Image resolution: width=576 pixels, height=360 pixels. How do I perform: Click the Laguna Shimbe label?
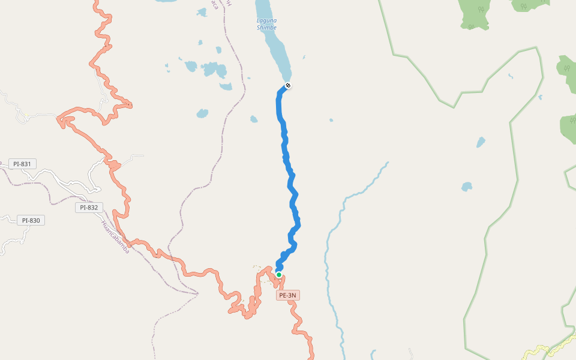[266, 24]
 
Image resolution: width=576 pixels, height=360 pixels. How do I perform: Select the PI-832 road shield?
[88, 208]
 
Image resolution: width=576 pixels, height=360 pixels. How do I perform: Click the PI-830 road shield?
[31, 220]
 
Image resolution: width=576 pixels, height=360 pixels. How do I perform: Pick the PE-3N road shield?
[288, 295]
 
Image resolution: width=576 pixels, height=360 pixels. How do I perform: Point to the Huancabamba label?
[115, 237]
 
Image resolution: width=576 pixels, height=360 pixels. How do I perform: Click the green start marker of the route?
[279, 275]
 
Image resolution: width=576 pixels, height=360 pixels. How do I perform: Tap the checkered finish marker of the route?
[288, 85]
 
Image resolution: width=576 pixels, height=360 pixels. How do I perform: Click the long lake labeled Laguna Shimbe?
[276, 48]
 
